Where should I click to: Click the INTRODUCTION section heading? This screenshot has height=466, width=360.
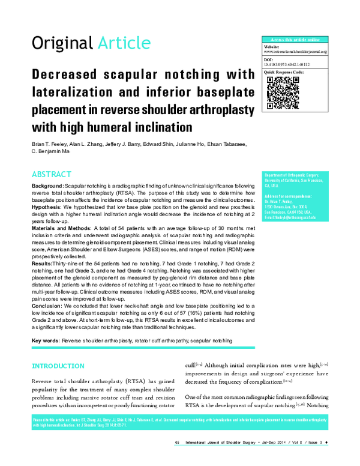tap(58, 366)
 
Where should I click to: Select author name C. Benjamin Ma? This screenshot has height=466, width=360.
tap(53, 153)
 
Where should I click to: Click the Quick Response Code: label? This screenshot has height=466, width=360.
tap(284, 72)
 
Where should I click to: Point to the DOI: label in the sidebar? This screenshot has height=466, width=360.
tap(268, 59)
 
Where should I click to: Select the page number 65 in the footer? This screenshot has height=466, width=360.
tap(178, 459)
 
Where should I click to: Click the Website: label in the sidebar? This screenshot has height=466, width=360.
tap(273, 46)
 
